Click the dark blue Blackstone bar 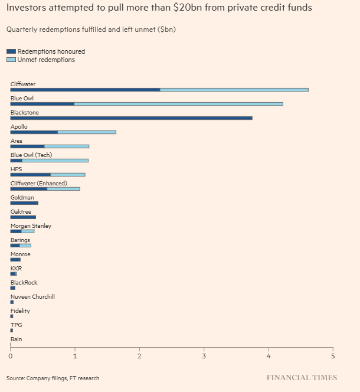click(x=131, y=118)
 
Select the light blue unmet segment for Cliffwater click(x=234, y=90)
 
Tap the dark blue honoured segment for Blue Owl click(x=42, y=104)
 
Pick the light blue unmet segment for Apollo click(x=87, y=132)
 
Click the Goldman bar click(x=24, y=203)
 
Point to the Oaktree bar click(x=23, y=217)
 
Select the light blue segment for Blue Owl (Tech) click(x=55, y=161)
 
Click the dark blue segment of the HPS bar click(x=30, y=175)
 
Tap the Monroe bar click(x=15, y=260)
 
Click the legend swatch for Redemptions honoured click(x=12, y=52)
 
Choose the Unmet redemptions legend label click(x=46, y=60)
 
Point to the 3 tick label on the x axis click(x=204, y=356)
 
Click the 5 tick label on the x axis click(x=333, y=356)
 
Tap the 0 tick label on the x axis click(x=11, y=356)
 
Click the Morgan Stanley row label click(x=31, y=226)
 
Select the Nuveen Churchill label click(x=32, y=297)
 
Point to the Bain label click(x=16, y=339)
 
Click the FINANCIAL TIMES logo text click(x=302, y=378)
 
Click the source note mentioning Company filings click(x=53, y=378)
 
